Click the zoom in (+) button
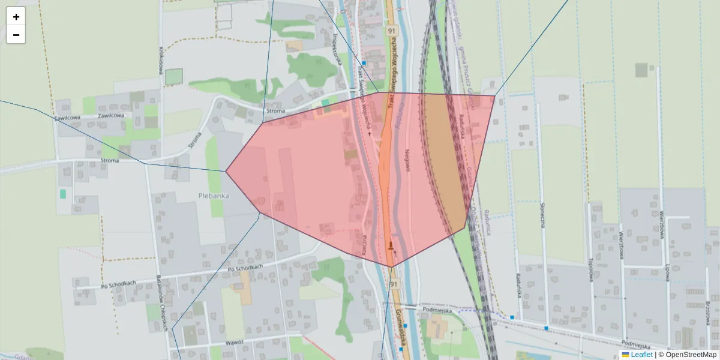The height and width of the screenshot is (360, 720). point(16,17)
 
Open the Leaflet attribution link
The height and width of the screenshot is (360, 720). point(641,355)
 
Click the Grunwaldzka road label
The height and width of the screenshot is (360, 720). point(401,327)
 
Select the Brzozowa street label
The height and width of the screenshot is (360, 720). point(709,313)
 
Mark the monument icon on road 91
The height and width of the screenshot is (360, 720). point(391,245)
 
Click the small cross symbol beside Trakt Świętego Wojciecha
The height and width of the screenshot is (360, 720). point(369,133)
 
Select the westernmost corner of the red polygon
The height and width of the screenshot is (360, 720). point(226,171)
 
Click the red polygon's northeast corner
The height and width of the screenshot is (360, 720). point(495,95)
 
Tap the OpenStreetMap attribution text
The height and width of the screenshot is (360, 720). point(691,355)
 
